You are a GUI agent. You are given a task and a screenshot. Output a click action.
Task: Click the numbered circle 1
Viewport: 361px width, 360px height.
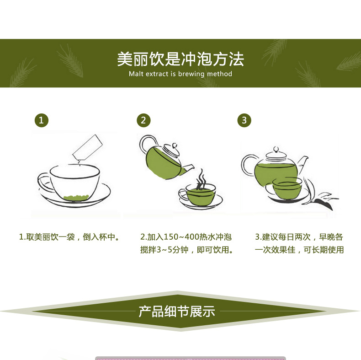click(x=42, y=120)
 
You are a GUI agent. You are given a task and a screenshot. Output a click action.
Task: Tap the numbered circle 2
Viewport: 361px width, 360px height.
click(x=143, y=120)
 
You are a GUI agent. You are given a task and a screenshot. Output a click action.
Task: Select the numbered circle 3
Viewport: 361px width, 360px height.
click(x=244, y=120)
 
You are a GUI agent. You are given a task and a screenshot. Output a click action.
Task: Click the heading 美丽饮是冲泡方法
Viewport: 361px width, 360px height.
click(x=180, y=59)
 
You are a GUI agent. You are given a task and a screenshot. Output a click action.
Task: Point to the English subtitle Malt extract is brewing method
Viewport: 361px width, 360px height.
click(x=180, y=74)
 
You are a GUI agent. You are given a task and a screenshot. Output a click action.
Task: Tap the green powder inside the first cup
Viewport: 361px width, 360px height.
click(x=76, y=198)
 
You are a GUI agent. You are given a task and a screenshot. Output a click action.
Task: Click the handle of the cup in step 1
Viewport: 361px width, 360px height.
click(x=45, y=182)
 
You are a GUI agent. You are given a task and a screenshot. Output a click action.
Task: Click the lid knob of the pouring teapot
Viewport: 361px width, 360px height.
click(x=175, y=146)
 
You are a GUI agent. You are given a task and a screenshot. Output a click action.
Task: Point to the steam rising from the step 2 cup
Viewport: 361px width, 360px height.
click(x=202, y=178)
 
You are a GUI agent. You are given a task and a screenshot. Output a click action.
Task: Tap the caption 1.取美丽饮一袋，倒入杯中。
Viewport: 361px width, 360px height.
click(x=69, y=237)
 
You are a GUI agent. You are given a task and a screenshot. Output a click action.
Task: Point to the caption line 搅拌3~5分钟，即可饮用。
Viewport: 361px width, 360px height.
click(x=187, y=250)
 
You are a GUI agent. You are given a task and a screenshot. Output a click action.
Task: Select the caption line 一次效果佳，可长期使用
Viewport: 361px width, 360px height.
click(x=299, y=250)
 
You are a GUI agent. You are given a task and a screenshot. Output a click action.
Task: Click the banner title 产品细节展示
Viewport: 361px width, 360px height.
click(x=177, y=312)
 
